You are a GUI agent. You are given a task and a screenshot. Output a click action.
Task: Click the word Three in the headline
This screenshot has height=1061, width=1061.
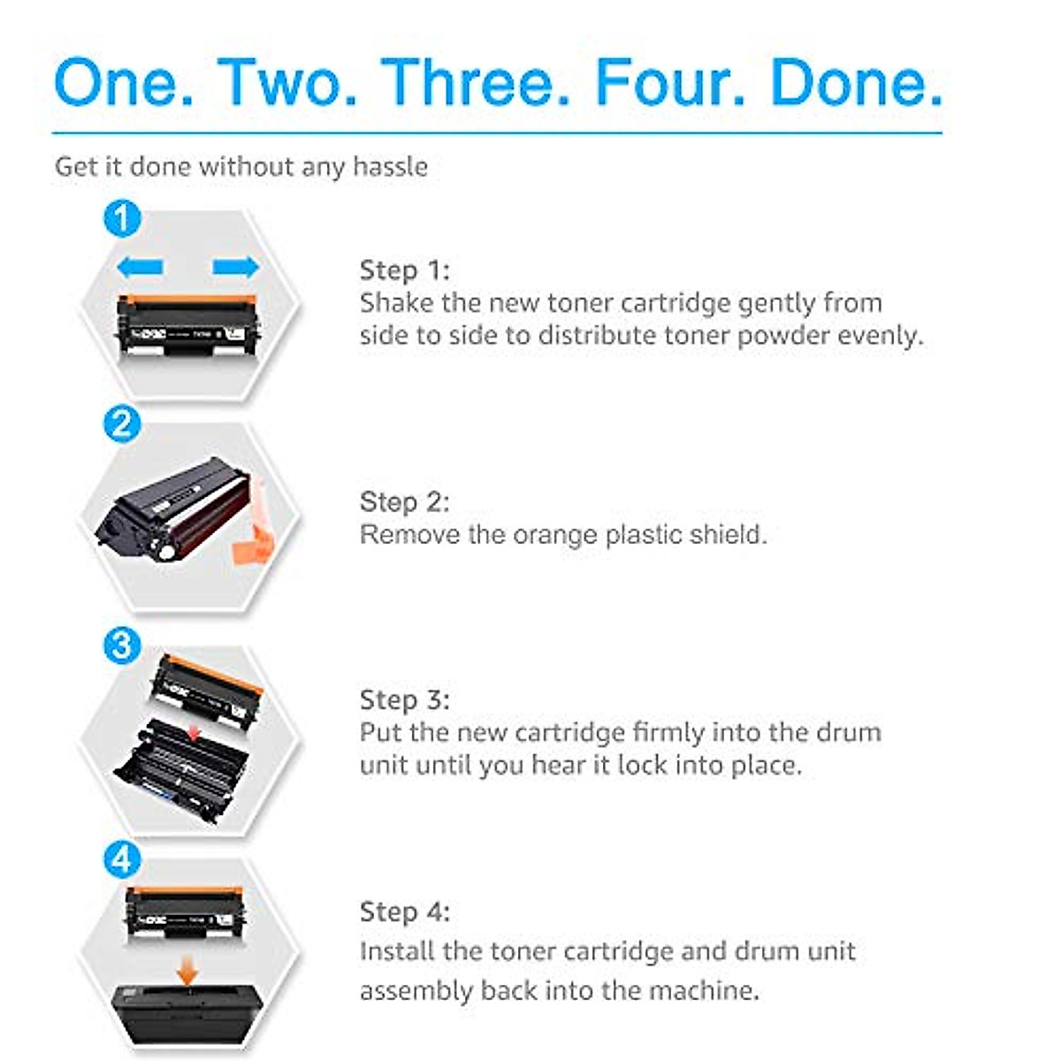pos(478,82)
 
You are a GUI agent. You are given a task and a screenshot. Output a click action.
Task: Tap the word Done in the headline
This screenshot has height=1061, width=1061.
pos(856,82)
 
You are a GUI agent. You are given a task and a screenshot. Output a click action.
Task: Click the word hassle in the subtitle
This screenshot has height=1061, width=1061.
pos(390,166)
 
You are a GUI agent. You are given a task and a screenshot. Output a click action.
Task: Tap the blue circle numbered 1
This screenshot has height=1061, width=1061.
pos(122,218)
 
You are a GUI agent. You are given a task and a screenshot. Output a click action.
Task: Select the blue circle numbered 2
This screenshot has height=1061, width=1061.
pos(122,424)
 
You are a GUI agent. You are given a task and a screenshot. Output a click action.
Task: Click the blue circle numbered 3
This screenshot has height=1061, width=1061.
pos(122,645)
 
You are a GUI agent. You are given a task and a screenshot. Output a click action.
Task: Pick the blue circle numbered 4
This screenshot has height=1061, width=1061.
pos(122,859)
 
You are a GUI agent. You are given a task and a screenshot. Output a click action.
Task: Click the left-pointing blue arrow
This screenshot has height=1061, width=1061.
pos(140,266)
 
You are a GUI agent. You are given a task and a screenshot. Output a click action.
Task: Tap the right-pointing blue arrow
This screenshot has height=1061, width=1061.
pos(235,266)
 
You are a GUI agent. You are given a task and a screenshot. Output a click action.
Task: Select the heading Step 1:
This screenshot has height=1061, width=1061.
pos(404,270)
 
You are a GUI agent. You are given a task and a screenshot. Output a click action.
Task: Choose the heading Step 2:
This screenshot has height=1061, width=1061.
pos(404,501)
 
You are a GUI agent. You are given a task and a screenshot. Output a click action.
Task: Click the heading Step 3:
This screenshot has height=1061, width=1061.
pos(404,699)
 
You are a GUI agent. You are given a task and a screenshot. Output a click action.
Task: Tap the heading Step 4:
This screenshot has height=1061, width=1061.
pos(404,912)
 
